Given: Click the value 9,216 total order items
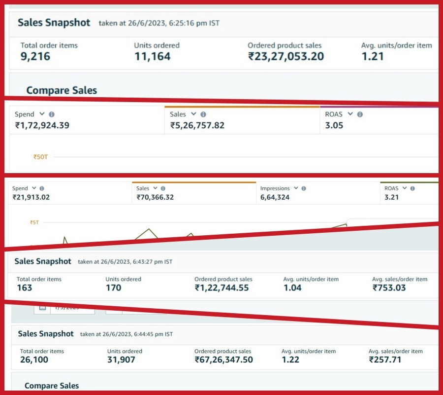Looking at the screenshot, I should [x=35, y=56].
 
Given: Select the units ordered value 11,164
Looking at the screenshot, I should [x=153, y=56].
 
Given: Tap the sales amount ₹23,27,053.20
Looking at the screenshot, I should [x=286, y=56].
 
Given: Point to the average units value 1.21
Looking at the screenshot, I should [x=373, y=56].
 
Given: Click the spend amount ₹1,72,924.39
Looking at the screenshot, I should [x=42, y=125].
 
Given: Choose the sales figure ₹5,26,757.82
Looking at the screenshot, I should [x=197, y=125].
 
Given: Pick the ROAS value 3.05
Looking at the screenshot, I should [x=334, y=125].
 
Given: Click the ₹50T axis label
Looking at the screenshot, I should [x=40, y=157].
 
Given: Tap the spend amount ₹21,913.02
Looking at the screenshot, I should [x=31, y=197].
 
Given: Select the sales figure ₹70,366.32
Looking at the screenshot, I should [x=155, y=197].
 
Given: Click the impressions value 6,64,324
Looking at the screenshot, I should [x=275, y=197].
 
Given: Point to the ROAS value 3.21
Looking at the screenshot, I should [x=391, y=197].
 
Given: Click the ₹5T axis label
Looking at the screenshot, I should [x=34, y=222].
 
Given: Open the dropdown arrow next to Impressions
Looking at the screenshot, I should [x=296, y=188].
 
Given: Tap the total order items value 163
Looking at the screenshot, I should [x=24, y=287].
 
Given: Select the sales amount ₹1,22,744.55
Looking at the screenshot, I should [x=221, y=287].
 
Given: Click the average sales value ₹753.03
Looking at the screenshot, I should [x=389, y=287].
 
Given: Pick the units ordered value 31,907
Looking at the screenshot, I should [x=121, y=359].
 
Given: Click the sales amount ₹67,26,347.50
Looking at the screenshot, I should [x=223, y=359].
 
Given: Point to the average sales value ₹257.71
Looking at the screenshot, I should [x=385, y=359].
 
